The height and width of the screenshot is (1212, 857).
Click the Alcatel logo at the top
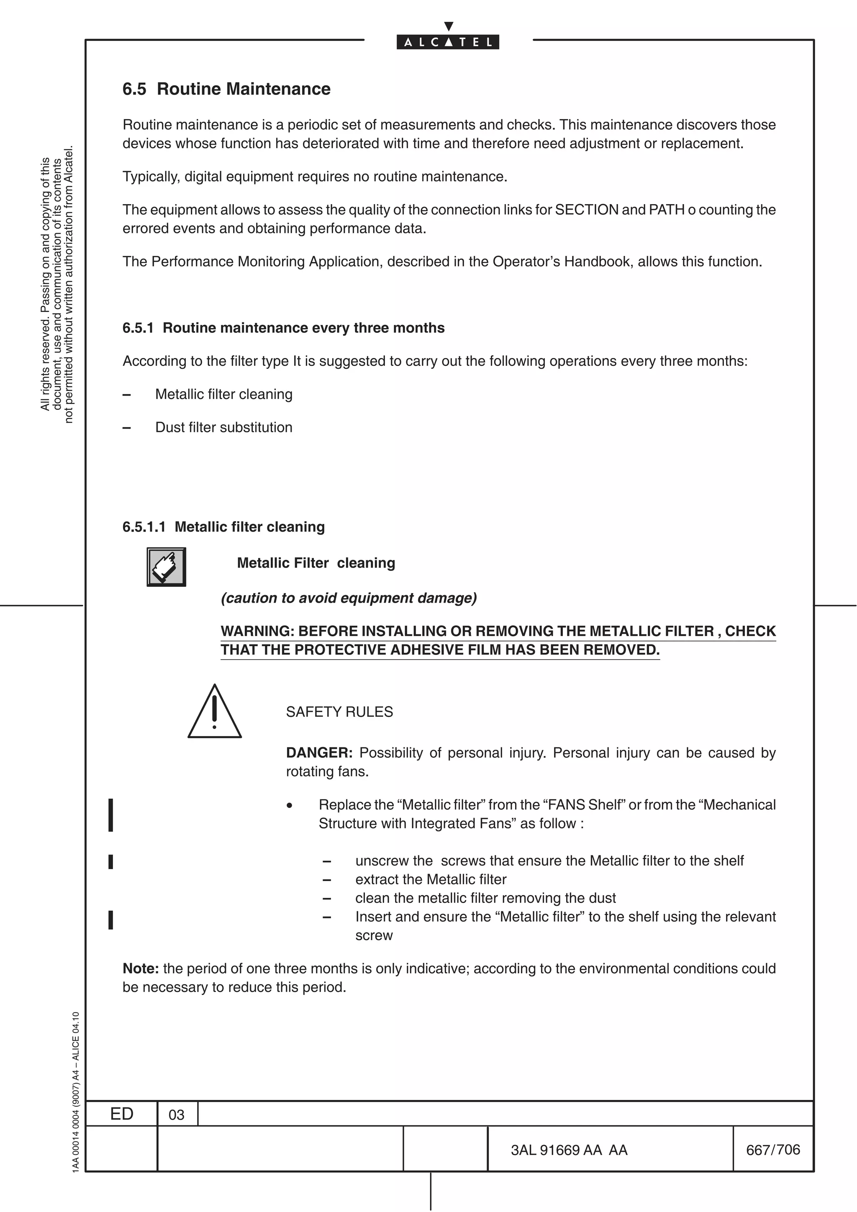(x=448, y=41)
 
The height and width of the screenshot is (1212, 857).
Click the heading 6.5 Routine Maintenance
(x=226, y=89)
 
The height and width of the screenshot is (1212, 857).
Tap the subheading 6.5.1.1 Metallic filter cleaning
(x=223, y=527)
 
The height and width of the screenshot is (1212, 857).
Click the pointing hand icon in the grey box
(x=166, y=567)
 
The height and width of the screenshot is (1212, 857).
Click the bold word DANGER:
(x=319, y=753)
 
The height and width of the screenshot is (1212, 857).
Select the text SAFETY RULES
(x=339, y=712)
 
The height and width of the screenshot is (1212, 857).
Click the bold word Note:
(x=141, y=969)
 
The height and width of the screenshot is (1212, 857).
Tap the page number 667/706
(x=772, y=1150)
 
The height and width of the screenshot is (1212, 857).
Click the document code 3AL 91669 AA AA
(x=569, y=1150)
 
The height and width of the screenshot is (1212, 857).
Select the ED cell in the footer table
(x=121, y=1114)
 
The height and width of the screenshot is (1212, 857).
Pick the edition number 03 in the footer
(x=176, y=1115)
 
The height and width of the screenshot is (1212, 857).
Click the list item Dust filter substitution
(x=223, y=427)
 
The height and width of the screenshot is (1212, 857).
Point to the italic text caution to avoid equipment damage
(x=349, y=598)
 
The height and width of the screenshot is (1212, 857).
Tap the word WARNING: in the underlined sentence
(x=257, y=632)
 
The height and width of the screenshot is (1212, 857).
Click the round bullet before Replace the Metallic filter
(x=289, y=805)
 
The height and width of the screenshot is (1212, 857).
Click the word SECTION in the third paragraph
(x=587, y=210)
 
